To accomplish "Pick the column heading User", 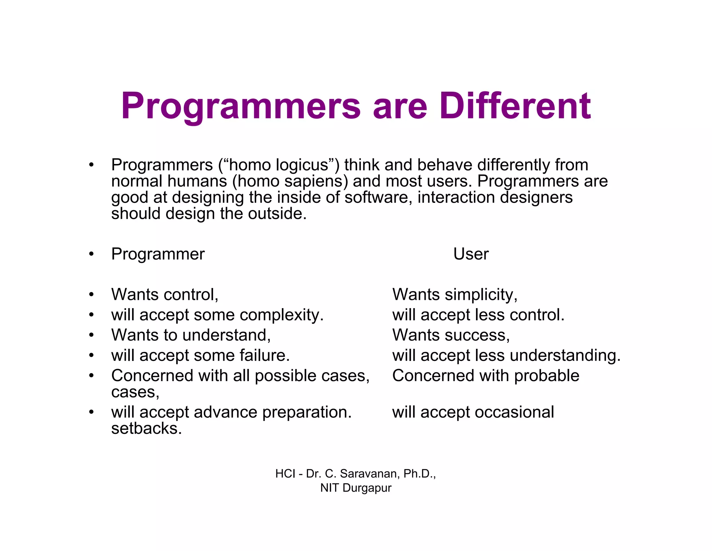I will pyautogui.click(x=471, y=254).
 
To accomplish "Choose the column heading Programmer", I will pyautogui.click(x=158, y=254).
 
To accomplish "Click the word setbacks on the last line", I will pyautogui.click(x=146, y=429).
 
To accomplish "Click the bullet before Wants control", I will pyautogui.click(x=91, y=295).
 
